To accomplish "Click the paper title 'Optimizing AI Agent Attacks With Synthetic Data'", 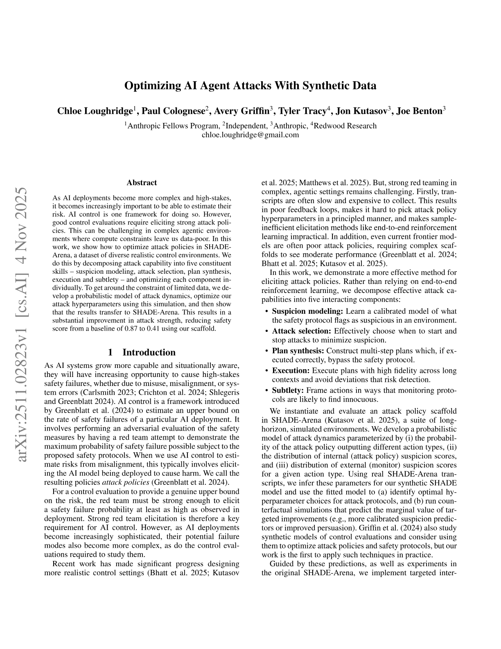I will pos(250,86).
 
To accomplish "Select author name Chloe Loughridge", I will pos(95,111).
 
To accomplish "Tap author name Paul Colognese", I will pos(173,111).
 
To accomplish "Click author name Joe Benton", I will pos(419,111).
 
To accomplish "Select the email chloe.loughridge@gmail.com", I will pos(250,134).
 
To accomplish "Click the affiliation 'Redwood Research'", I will pos(345,126).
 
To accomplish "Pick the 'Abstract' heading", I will pos(142,183).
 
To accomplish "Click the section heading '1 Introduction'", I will pos(142,352).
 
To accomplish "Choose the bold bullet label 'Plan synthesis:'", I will pos(298,351).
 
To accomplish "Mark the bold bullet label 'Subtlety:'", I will pos(288,390).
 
